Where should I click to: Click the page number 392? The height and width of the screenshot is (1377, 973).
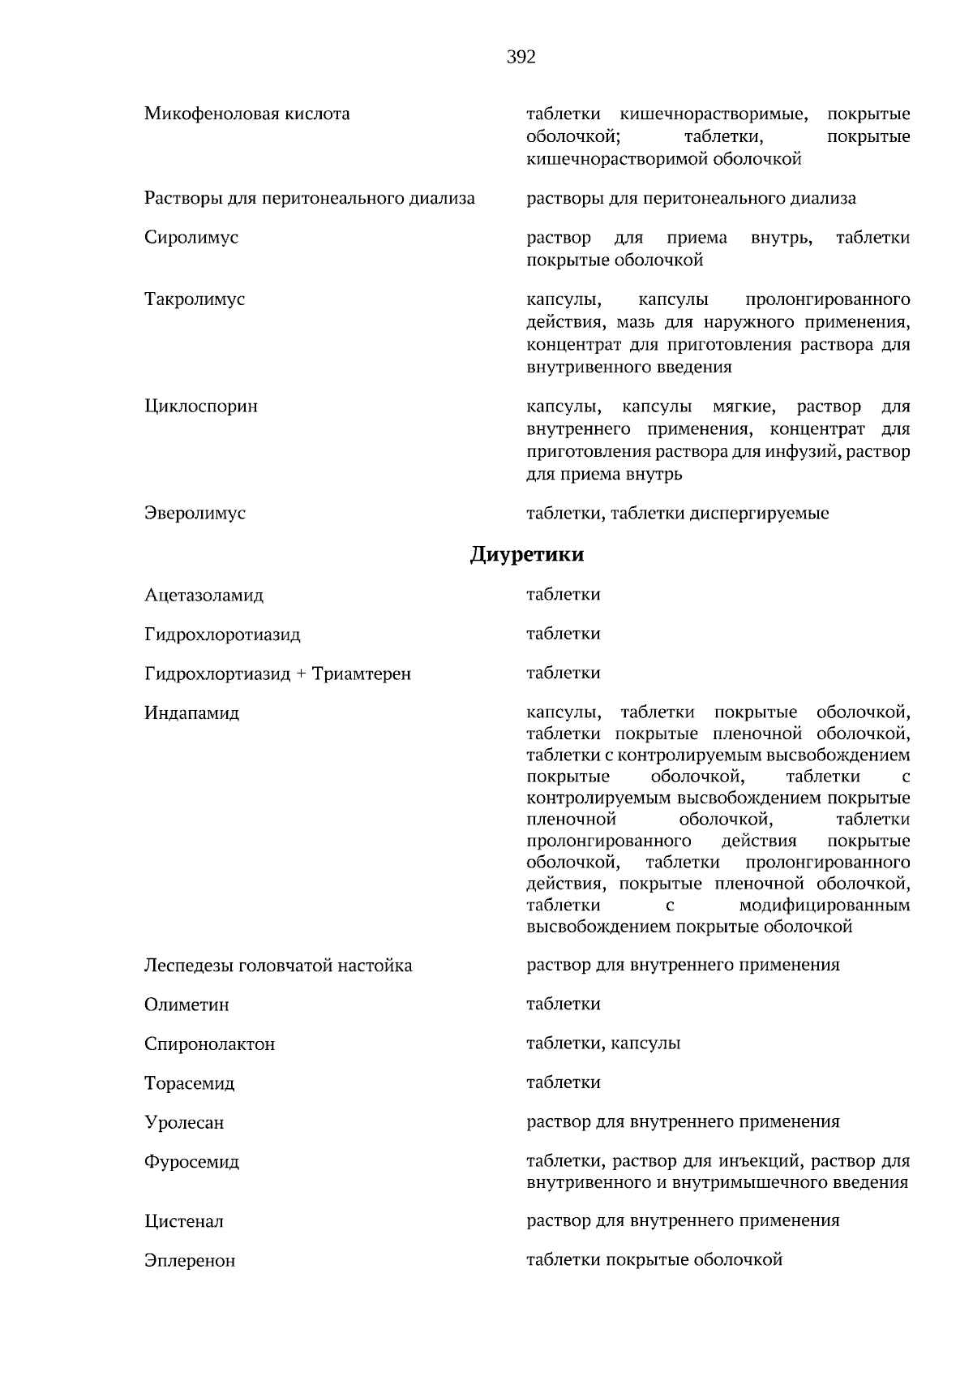(x=521, y=58)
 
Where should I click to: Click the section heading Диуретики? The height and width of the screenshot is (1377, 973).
(x=526, y=555)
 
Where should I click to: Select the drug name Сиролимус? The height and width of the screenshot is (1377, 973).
(x=191, y=238)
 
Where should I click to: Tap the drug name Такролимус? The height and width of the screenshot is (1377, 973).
(x=195, y=299)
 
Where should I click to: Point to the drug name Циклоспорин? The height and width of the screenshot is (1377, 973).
(x=201, y=406)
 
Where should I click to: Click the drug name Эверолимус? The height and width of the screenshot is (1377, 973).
(x=195, y=514)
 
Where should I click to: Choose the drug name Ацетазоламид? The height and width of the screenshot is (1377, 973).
(x=204, y=596)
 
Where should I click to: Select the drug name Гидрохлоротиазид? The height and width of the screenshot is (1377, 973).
(x=222, y=635)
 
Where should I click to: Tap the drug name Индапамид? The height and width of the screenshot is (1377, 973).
(x=191, y=713)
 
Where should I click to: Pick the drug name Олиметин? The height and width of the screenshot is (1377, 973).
(x=186, y=1005)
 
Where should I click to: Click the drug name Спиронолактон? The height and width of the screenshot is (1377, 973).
(x=209, y=1044)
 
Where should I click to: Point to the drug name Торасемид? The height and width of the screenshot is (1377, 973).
(x=189, y=1084)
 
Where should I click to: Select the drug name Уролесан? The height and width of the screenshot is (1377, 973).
(x=184, y=1123)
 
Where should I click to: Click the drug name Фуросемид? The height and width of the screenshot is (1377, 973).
(x=191, y=1162)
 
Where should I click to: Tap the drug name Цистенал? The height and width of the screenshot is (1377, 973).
(x=184, y=1221)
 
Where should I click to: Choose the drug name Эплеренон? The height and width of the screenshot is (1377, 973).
(x=190, y=1261)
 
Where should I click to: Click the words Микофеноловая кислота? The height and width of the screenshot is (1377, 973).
(x=247, y=114)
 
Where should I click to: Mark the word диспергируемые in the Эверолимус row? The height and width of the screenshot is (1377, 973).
(x=759, y=514)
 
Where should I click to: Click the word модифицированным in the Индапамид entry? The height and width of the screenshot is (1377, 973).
(x=824, y=905)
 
